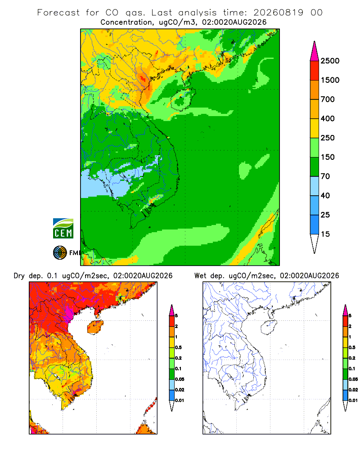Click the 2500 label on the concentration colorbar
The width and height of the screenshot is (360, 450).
click(x=330, y=61)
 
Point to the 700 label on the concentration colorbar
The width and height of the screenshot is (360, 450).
click(x=328, y=99)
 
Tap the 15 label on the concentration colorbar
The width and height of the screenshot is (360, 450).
click(x=325, y=234)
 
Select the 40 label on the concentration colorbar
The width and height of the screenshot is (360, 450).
click(x=325, y=196)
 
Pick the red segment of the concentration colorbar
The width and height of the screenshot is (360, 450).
click(x=315, y=71)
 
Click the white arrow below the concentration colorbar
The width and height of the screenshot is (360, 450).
click(x=315, y=243)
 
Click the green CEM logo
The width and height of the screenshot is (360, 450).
click(x=63, y=229)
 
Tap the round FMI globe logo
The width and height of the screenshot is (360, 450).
click(x=60, y=253)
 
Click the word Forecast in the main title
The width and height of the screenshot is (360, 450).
click(x=58, y=13)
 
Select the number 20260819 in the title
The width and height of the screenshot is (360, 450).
click(x=278, y=13)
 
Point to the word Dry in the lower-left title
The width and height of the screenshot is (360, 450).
click(x=19, y=276)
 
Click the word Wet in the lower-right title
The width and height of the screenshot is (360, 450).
click(x=200, y=276)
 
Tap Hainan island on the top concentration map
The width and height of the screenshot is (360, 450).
click(x=183, y=99)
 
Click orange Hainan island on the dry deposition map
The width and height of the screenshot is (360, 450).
click(x=95, y=327)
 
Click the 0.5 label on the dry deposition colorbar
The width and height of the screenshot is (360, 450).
click(x=178, y=347)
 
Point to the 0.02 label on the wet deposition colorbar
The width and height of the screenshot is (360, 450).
click(x=353, y=390)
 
